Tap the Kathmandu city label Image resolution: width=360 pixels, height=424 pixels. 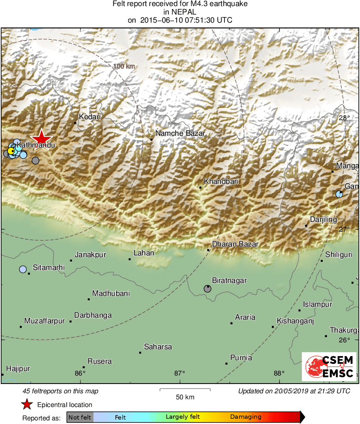pyautogui.click(x=30, y=144)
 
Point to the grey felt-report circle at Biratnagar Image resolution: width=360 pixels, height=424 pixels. pyautogui.click(x=207, y=288)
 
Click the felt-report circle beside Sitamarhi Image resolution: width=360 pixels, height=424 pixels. pyautogui.click(x=23, y=269)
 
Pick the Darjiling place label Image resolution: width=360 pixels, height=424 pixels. pyautogui.click(x=323, y=219)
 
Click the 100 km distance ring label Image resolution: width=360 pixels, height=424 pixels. pyautogui.click(x=124, y=66)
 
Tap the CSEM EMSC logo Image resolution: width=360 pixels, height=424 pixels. pyautogui.click(x=329, y=367)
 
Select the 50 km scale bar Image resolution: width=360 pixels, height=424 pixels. pyautogui.click(x=185, y=390)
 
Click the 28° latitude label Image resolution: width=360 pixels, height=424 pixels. pyautogui.click(x=344, y=118)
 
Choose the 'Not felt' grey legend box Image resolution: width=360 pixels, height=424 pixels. pyautogui.click(x=80, y=417)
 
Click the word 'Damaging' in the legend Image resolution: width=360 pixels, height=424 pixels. pyautogui.click(x=246, y=417)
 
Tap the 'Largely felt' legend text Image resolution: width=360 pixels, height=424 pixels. pyautogui.click(x=183, y=417)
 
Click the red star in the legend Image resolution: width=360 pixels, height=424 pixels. pyautogui.click(x=27, y=405)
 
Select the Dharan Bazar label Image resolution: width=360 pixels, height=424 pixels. pyautogui.click(x=235, y=244)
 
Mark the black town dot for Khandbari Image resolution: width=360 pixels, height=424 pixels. pyautogui.click(x=200, y=188)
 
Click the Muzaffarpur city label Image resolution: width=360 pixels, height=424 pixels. pyautogui.click(x=44, y=321)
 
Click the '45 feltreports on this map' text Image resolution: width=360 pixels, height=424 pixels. pyautogui.click(x=60, y=391)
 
